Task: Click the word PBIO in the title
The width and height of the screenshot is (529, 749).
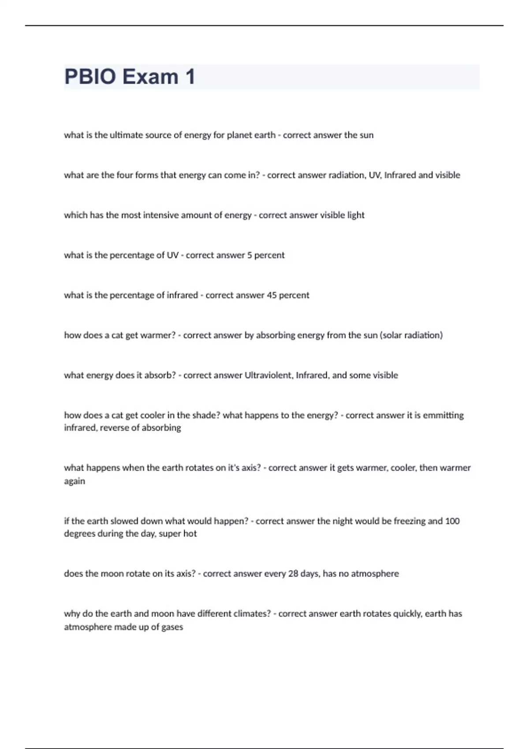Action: pos(90,77)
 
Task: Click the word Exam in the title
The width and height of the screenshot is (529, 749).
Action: pos(150,77)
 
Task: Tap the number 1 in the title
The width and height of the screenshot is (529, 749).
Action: pos(190,77)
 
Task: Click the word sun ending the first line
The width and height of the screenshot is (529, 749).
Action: pos(366,135)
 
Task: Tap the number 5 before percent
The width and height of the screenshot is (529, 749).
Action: pos(250,255)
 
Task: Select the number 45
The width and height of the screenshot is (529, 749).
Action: pos(272,295)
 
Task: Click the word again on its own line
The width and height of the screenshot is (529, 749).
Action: pos(75,481)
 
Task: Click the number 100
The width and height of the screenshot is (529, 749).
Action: pos(452,521)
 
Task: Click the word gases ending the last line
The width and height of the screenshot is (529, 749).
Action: pos(172,627)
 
